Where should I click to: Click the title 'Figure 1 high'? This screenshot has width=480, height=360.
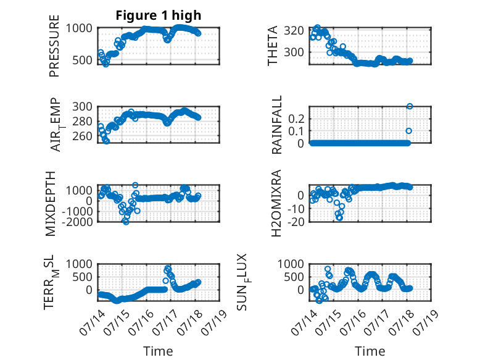click(159, 15)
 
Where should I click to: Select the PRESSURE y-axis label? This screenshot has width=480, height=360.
click(54, 46)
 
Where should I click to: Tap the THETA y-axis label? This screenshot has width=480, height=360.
click(272, 46)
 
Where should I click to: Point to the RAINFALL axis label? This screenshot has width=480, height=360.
click(276, 125)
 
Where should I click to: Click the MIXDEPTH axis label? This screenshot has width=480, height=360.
click(51, 203)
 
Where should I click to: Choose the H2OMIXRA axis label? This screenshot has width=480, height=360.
click(276, 203)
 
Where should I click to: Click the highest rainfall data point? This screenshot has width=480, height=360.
click(410, 106)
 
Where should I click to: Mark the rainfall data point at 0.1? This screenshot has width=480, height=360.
click(408, 131)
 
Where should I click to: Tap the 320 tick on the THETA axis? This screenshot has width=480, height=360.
click(294, 31)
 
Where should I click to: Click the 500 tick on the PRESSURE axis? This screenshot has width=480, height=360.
click(82, 60)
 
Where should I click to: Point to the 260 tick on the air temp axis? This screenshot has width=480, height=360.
click(82, 136)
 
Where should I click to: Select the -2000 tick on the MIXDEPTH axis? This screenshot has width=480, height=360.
click(77, 222)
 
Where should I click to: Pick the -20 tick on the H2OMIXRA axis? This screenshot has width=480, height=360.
click(296, 222)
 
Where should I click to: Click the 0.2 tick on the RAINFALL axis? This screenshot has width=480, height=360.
click(296, 119)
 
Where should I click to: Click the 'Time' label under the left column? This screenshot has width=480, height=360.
click(158, 351)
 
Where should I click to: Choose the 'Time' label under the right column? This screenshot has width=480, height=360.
click(370, 351)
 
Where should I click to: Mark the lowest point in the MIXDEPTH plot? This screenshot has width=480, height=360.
click(126, 222)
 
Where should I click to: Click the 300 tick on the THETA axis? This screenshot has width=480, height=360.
click(294, 52)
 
